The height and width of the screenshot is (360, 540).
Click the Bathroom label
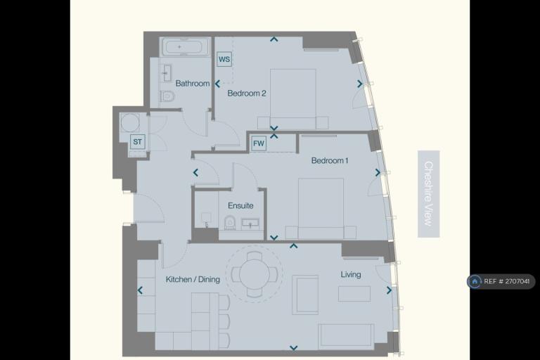coord(193,84)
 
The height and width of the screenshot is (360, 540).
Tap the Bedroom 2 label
coord(247,94)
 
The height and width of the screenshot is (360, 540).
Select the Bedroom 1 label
coord(330,160)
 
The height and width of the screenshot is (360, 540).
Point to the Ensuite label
coord(240,206)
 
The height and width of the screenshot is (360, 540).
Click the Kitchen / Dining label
coord(193,279)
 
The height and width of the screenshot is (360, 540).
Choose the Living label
coord(351,274)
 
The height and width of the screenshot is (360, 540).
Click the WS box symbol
coord(224,59)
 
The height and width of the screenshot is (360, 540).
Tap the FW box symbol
coord(259,143)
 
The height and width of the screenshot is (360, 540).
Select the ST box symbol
coord(137,141)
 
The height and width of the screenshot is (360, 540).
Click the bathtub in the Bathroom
coord(186,46)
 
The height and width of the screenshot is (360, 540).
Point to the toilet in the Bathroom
coord(168,96)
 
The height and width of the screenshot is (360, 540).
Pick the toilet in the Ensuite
coord(230,223)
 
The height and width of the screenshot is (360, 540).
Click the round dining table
coord(255,274)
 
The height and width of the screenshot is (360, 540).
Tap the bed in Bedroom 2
coord(293,99)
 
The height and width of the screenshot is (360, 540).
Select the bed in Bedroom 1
coord(321,208)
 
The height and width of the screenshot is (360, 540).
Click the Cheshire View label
coord(428,193)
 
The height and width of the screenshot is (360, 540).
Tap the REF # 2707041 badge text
coord(506,281)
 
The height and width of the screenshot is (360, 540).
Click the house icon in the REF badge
coord(475,281)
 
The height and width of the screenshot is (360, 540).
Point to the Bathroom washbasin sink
coord(167,73)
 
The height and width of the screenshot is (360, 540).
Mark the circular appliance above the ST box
coord(130,122)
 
